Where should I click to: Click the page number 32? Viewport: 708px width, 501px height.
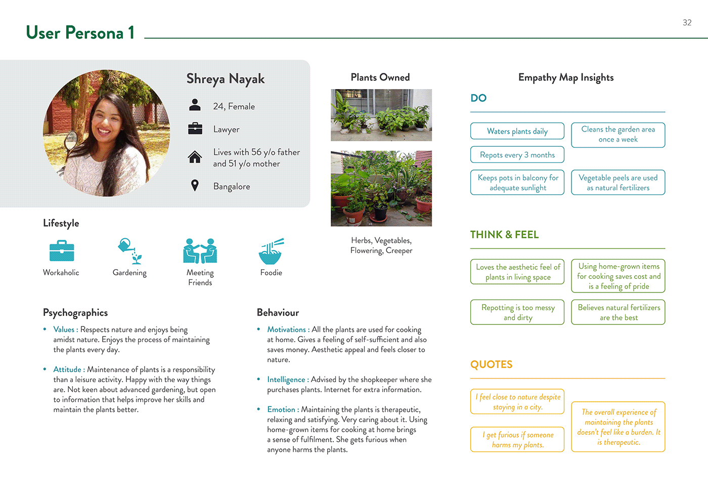[x=687, y=23]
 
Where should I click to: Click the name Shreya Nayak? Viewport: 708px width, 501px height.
[x=226, y=79]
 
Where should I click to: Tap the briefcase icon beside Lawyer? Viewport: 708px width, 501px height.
[x=195, y=129]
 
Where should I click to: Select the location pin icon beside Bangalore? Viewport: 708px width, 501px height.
[x=195, y=186]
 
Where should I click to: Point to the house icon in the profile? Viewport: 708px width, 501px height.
[x=195, y=157]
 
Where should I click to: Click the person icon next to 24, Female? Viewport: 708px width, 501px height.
[x=195, y=105]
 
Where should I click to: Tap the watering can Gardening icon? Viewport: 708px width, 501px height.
[x=130, y=251]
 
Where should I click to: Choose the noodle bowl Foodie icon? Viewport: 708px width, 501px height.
[x=271, y=251]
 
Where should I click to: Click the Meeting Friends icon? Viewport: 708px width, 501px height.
[x=200, y=251]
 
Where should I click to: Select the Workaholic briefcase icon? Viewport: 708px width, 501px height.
[x=62, y=252]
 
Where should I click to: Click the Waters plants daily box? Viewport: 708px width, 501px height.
[x=517, y=131]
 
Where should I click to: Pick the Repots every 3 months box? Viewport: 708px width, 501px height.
[x=517, y=155]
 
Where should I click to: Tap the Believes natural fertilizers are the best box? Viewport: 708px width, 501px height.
[x=618, y=312]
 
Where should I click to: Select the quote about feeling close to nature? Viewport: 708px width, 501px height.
[x=517, y=402]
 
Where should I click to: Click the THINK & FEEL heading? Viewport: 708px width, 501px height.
[x=504, y=235]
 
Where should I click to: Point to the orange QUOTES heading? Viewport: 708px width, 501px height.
[x=491, y=365]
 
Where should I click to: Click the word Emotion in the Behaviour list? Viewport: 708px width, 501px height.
[x=281, y=409]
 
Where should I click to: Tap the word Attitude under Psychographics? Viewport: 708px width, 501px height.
[x=67, y=369]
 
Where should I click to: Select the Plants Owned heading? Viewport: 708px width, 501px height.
[x=380, y=77]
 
